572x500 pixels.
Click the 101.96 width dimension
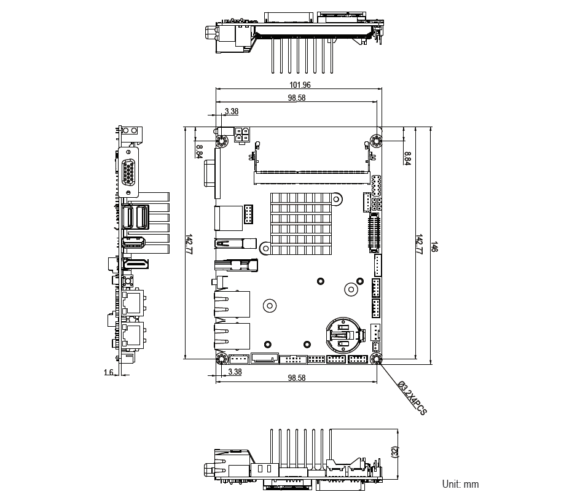[x=299, y=85]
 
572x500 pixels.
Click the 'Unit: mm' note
[x=460, y=484]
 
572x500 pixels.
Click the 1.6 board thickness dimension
[x=108, y=372]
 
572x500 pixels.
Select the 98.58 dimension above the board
[x=297, y=98]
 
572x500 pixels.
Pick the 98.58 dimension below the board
[x=297, y=378]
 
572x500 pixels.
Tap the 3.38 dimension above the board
[x=232, y=111]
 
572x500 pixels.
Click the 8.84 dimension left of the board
[x=199, y=151]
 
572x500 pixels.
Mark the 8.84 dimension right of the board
[x=407, y=157]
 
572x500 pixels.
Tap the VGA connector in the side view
[x=128, y=172]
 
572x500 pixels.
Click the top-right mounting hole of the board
[x=376, y=142]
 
